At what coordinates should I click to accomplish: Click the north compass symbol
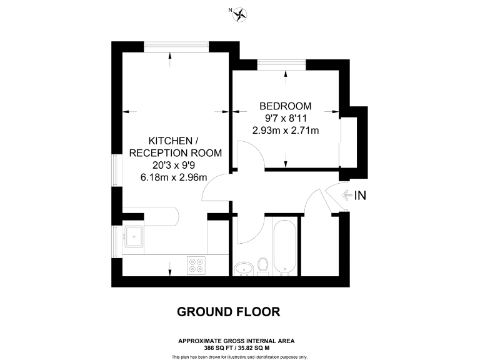tap(239, 14)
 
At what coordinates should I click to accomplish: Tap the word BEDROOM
tap(286, 106)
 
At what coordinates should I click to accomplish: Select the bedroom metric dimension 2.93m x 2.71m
tap(286, 131)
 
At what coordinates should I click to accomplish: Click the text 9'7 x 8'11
tap(286, 118)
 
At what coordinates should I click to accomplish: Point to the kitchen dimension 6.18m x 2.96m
tap(174, 177)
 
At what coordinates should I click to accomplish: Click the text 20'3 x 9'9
tap(174, 165)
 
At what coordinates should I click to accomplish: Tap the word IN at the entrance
tap(359, 196)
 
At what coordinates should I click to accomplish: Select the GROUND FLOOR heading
tap(228, 311)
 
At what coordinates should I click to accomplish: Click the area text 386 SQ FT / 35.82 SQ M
tap(236, 347)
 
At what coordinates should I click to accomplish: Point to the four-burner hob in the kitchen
tap(196, 265)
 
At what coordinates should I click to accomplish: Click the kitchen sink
tap(134, 236)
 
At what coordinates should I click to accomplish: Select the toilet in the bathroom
tap(263, 265)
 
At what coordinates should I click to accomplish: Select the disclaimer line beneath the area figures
tap(240, 356)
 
